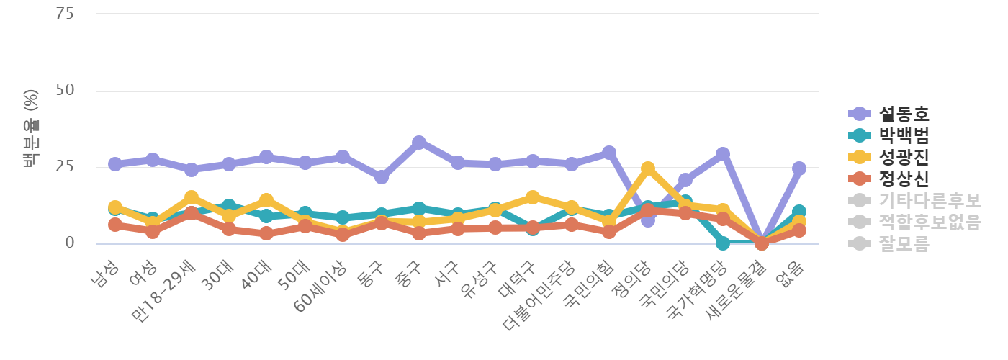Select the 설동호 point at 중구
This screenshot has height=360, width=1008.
pos(419,142)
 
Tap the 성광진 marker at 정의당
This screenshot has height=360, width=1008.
pos(647,168)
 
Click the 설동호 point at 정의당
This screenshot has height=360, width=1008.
pos(647,220)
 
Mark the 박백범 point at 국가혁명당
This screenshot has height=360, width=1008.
pos(723,243)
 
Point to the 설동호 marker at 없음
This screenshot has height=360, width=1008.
pos(799,168)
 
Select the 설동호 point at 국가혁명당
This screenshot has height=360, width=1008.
pos(723,154)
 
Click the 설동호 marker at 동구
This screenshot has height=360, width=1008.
pos(381,177)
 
